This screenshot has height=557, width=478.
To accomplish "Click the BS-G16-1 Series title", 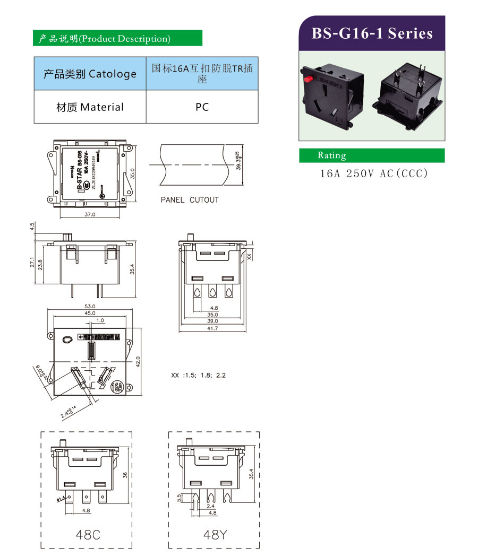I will [372, 33].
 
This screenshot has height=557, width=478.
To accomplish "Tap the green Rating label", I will [331, 155].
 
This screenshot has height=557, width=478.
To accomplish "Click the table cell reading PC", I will [202, 107].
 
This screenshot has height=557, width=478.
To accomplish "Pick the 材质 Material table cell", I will [90, 107].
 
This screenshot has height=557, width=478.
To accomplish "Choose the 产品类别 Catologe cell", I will [90, 74].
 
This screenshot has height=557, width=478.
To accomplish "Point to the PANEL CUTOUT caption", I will [190, 200].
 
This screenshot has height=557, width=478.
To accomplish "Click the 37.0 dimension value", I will [90, 215].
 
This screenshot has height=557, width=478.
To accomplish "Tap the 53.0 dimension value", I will [90, 307].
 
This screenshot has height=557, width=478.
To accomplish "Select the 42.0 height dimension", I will [138, 361].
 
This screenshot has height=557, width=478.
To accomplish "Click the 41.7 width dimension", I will [212, 329].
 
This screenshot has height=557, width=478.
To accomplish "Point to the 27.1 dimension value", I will [32, 263].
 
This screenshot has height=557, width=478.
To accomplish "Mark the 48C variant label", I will [88, 535].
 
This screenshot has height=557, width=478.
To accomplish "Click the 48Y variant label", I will [215, 535].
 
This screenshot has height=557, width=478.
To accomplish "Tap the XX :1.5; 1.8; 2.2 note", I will [198, 376].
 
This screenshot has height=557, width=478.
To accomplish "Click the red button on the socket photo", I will [307, 79].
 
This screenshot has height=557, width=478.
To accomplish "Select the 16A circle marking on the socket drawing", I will [117, 387].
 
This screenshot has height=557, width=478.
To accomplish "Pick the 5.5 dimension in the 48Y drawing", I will [180, 498].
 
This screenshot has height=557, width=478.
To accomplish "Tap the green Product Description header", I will [117, 39].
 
